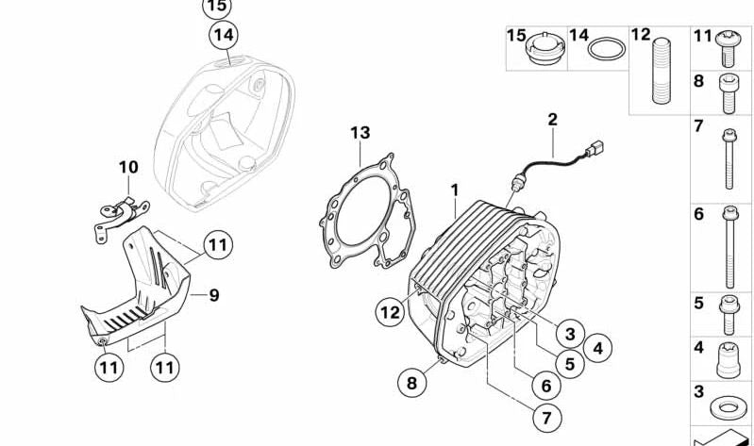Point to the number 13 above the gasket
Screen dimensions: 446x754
click(x=360, y=133)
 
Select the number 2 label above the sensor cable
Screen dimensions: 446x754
click(x=552, y=120)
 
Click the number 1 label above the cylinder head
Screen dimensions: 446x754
click(x=454, y=190)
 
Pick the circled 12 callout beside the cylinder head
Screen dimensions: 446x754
click(x=389, y=310)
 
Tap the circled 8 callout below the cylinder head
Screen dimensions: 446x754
click(x=411, y=383)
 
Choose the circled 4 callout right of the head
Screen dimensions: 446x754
click(x=597, y=348)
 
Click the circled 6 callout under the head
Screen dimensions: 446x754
click(x=545, y=385)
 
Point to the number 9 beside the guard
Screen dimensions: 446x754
click(x=214, y=295)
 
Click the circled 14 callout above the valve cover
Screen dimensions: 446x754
click(x=223, y=36)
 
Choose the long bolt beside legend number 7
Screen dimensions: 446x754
click(x=729, y=159)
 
